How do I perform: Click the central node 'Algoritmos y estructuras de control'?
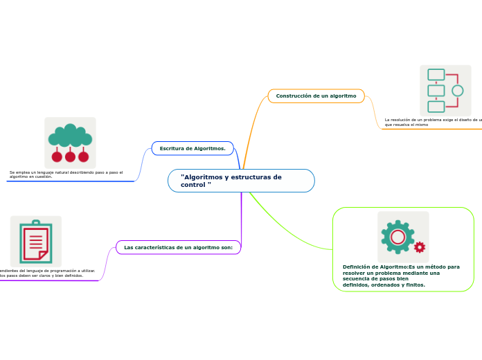point(241,181)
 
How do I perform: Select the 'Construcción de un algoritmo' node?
point(316,96)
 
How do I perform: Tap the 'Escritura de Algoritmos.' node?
point(193,148)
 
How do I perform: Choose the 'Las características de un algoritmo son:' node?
point(178,247)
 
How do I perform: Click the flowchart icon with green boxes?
point(445,91)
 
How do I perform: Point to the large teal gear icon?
point(398,237)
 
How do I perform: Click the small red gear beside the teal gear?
point(419,247)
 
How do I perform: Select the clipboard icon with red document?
point(35,242)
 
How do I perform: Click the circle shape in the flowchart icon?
point(457,91)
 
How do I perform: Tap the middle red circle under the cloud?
point(70,156)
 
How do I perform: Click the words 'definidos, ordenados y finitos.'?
point(384,285)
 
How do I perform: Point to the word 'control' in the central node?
point(194,185)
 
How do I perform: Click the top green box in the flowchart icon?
point(436,75)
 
